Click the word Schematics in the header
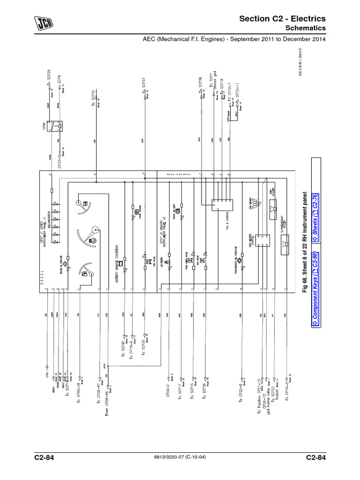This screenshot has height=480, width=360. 306,29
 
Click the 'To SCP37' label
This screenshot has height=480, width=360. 144,88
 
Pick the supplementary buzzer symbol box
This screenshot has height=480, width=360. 284,244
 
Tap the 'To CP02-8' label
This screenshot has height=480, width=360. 240,393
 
